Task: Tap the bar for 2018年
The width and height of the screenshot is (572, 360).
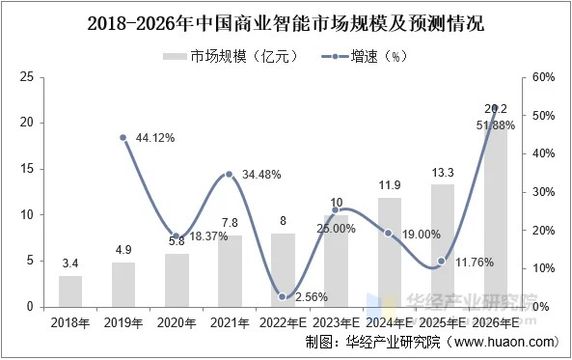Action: pos(70,291)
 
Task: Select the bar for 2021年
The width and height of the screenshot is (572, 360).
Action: pos(229,271)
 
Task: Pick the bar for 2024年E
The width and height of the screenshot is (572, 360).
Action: pos(388,252)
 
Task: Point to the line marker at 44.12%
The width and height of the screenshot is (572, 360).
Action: pos(123,138)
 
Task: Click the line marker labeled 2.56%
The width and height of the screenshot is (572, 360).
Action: pos(283,297)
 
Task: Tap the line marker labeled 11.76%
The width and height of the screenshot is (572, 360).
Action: pos(441,262)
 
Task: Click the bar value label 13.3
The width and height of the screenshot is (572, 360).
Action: pos(442,173)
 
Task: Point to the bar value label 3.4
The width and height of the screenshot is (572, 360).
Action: pos(70,263)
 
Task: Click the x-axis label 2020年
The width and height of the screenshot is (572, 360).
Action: pos(177,321)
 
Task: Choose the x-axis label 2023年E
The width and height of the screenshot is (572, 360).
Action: pos(335,321)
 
